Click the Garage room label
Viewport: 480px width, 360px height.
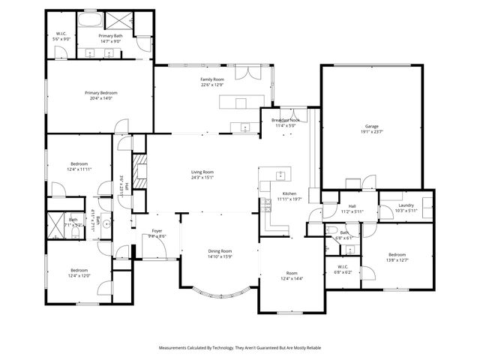pos(372,126)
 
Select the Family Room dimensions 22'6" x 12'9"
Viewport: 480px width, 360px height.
pos(212,85)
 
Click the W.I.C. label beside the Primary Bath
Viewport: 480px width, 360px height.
pos(61,34)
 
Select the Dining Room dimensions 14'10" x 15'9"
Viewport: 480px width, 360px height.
pos(220,257)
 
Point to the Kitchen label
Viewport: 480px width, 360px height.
pos(289,193)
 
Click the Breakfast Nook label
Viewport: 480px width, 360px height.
pos(285,120)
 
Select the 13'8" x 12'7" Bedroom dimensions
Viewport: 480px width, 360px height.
pos(397,260)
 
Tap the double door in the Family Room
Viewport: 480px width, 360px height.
pos(246,73)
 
